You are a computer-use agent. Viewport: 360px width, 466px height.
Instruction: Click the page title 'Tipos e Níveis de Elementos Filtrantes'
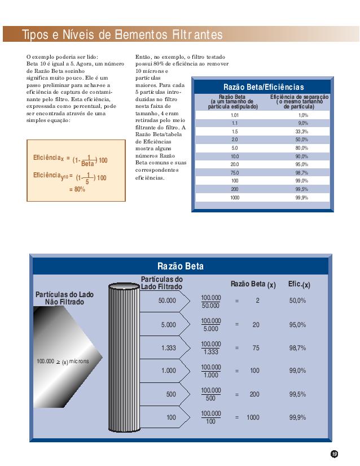point(122,35)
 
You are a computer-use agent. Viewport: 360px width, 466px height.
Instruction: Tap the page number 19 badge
point(334,454)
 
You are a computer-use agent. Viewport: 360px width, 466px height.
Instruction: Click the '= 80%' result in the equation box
point(77,189)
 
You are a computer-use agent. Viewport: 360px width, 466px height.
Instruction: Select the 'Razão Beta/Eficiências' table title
point(264,87)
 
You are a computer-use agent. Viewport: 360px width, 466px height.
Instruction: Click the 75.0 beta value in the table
point(235,173)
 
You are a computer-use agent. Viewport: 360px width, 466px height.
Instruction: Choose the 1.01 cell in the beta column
point(235,115)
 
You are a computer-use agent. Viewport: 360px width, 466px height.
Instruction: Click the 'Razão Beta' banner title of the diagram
point(181,266)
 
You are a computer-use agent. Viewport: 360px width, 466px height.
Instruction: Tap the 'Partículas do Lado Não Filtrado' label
point(64,298)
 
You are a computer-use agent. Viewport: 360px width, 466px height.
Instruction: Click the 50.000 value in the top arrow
point(168,301)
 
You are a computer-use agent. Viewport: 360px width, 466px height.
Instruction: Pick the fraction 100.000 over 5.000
point(211,325)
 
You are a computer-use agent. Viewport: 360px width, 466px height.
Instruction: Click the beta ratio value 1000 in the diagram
point(253,417)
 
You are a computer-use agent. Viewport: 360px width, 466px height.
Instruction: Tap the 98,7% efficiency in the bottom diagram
point(297,348)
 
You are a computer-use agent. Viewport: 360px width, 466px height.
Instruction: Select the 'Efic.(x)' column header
point(299,284)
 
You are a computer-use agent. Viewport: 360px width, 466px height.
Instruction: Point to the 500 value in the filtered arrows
point(171,394)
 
